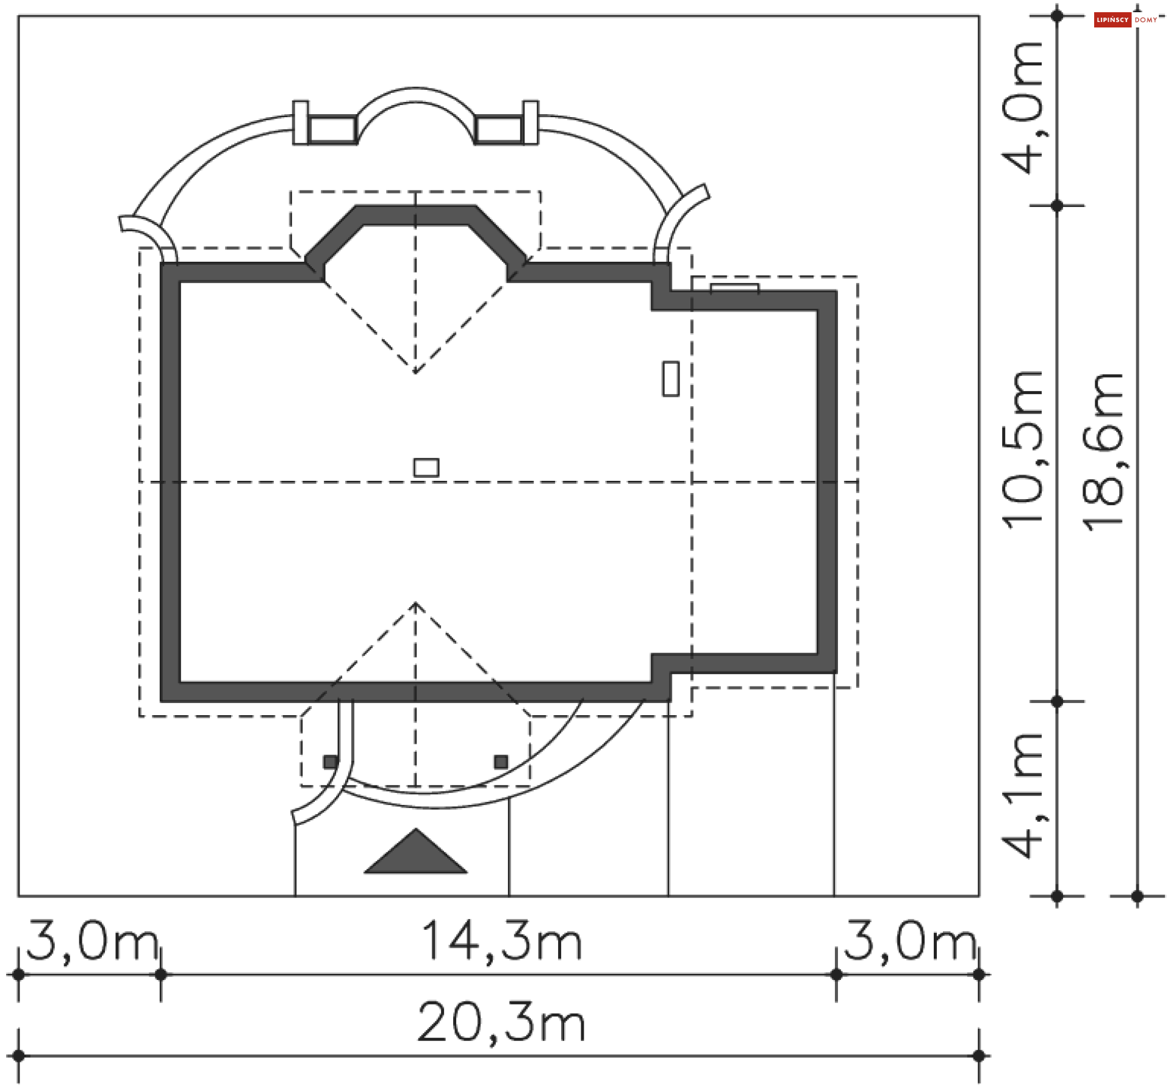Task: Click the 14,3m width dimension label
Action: coord(501,942)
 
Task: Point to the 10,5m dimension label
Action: coord(1023,449)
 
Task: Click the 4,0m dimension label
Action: coord(1023,108)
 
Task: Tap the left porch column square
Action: coord(331,762)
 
